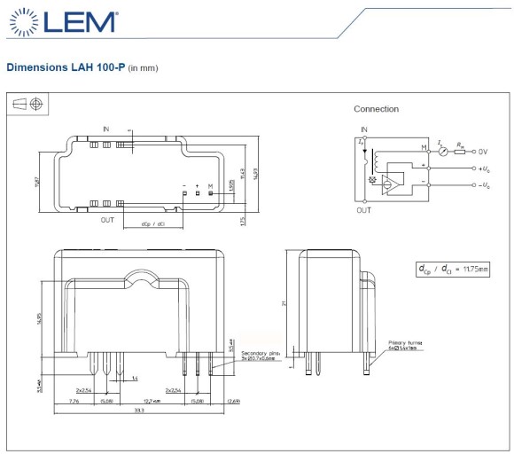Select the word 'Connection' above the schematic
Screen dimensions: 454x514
tap(376, 109)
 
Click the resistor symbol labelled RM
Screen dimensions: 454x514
tap(459, 151)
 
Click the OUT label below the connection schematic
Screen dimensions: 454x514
tap(363, 210)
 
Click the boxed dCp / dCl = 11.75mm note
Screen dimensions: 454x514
tap(452, 268)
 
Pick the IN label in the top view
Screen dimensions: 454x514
tap(105, 129)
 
